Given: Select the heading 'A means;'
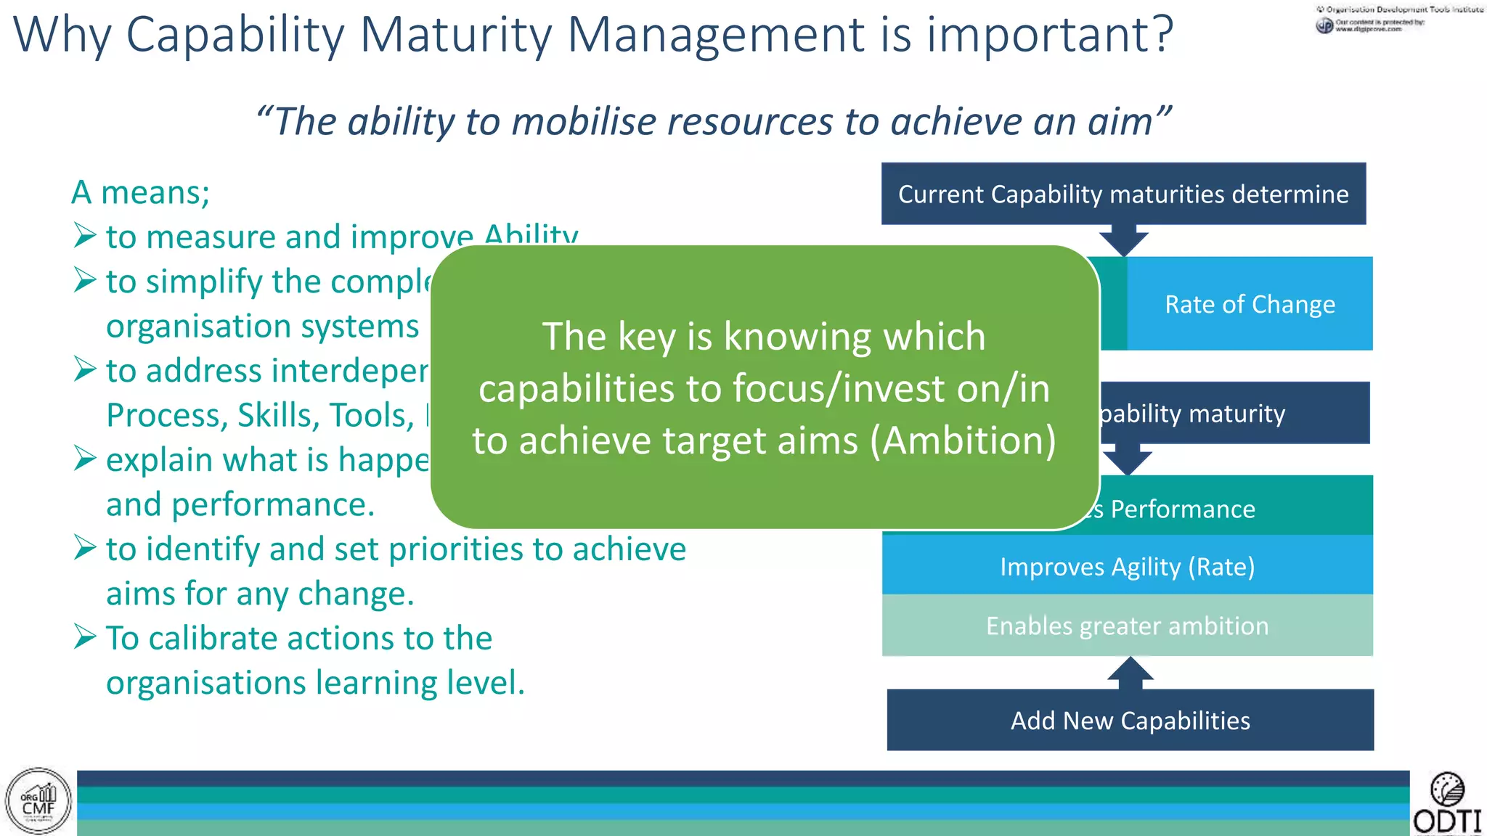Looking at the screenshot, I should (140, 192).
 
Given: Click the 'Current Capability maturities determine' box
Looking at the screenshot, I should (1123, 194).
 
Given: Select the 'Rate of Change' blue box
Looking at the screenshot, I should (1250, 304).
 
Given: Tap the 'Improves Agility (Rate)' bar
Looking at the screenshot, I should (1127, 566).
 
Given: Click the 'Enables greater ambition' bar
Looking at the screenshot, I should (1127, 626).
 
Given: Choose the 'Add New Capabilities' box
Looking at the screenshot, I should (1130, 720).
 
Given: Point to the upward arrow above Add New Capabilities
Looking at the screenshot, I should (1130, 673).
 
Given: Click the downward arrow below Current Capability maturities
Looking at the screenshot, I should (1123, 240).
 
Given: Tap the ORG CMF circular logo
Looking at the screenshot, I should (38, 801).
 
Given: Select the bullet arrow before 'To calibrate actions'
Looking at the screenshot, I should (85, 637).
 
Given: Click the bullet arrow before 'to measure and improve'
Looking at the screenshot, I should (85, 236).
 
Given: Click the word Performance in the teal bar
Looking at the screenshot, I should (1182, 509).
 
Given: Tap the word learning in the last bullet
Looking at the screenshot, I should (375, 683).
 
